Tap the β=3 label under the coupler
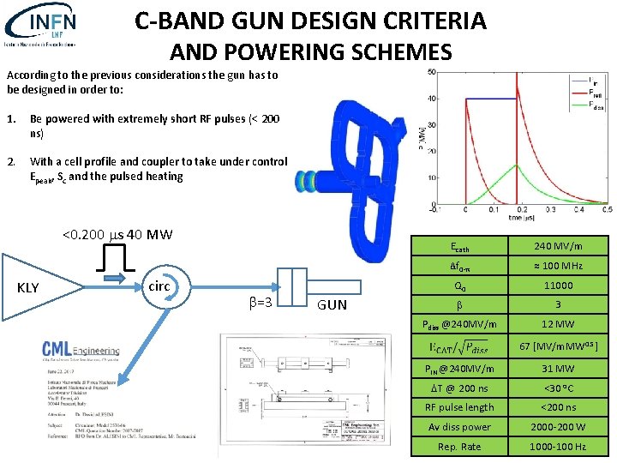[261, 303]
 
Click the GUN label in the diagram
[332, 304]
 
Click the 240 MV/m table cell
[559, 246]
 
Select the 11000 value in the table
[559, 286]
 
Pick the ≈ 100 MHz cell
[559, 266]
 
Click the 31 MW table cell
[559, 368]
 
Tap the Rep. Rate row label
[459, 447]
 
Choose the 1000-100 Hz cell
[559, 447]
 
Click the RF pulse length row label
[459, 407]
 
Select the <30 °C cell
[559, 388]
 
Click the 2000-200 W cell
[559, 427]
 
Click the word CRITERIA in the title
[419, 20]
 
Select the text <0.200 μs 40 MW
[117, 235]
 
